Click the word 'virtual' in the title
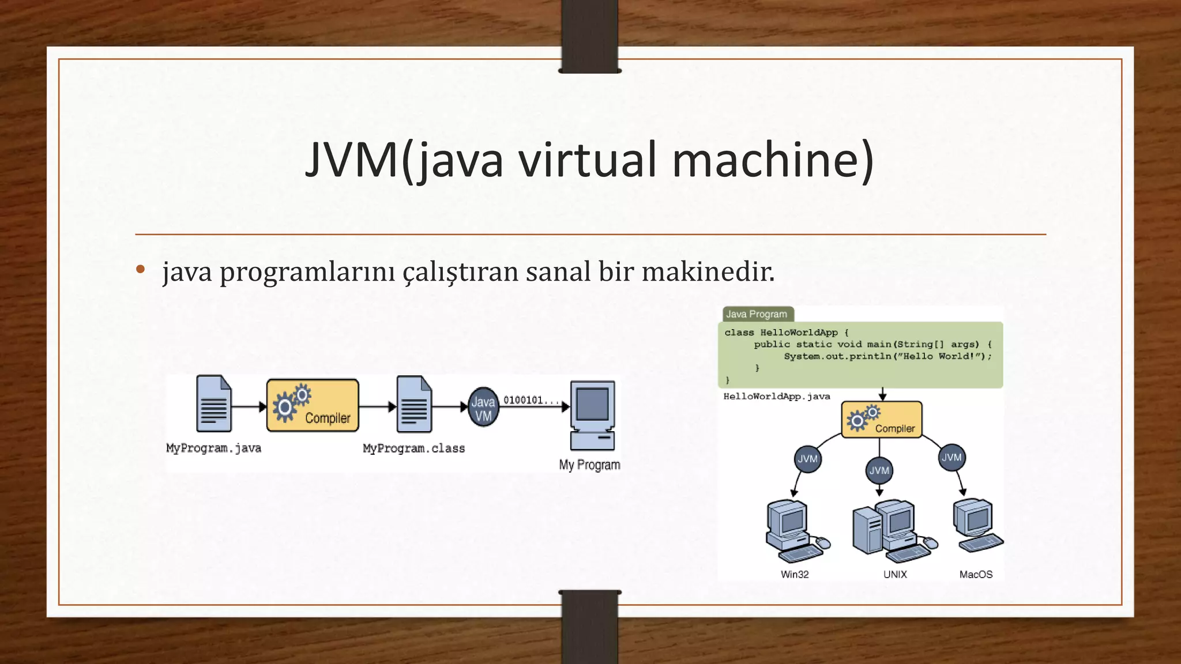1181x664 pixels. [588, 160]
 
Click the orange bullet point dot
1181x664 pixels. [140, 269]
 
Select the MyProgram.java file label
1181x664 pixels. [213, 448]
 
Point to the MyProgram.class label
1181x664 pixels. [413, 448]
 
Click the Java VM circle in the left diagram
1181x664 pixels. [483, 408]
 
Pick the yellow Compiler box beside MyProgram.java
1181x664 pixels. [313, 405]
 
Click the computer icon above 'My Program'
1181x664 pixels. [592, 414]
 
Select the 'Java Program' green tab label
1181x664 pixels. [757, 314]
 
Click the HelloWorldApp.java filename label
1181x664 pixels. [777, 397]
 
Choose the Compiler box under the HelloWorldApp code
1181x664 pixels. [882, 420]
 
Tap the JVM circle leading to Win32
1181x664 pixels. [807, 459]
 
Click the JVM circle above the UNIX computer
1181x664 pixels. [879, 470]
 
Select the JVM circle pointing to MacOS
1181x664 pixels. [951, 458]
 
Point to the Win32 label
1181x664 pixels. [795, 575]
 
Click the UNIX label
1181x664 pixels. [895, 575]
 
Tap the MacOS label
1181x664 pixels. [976, 575]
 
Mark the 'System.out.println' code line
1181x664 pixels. [887, 356]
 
